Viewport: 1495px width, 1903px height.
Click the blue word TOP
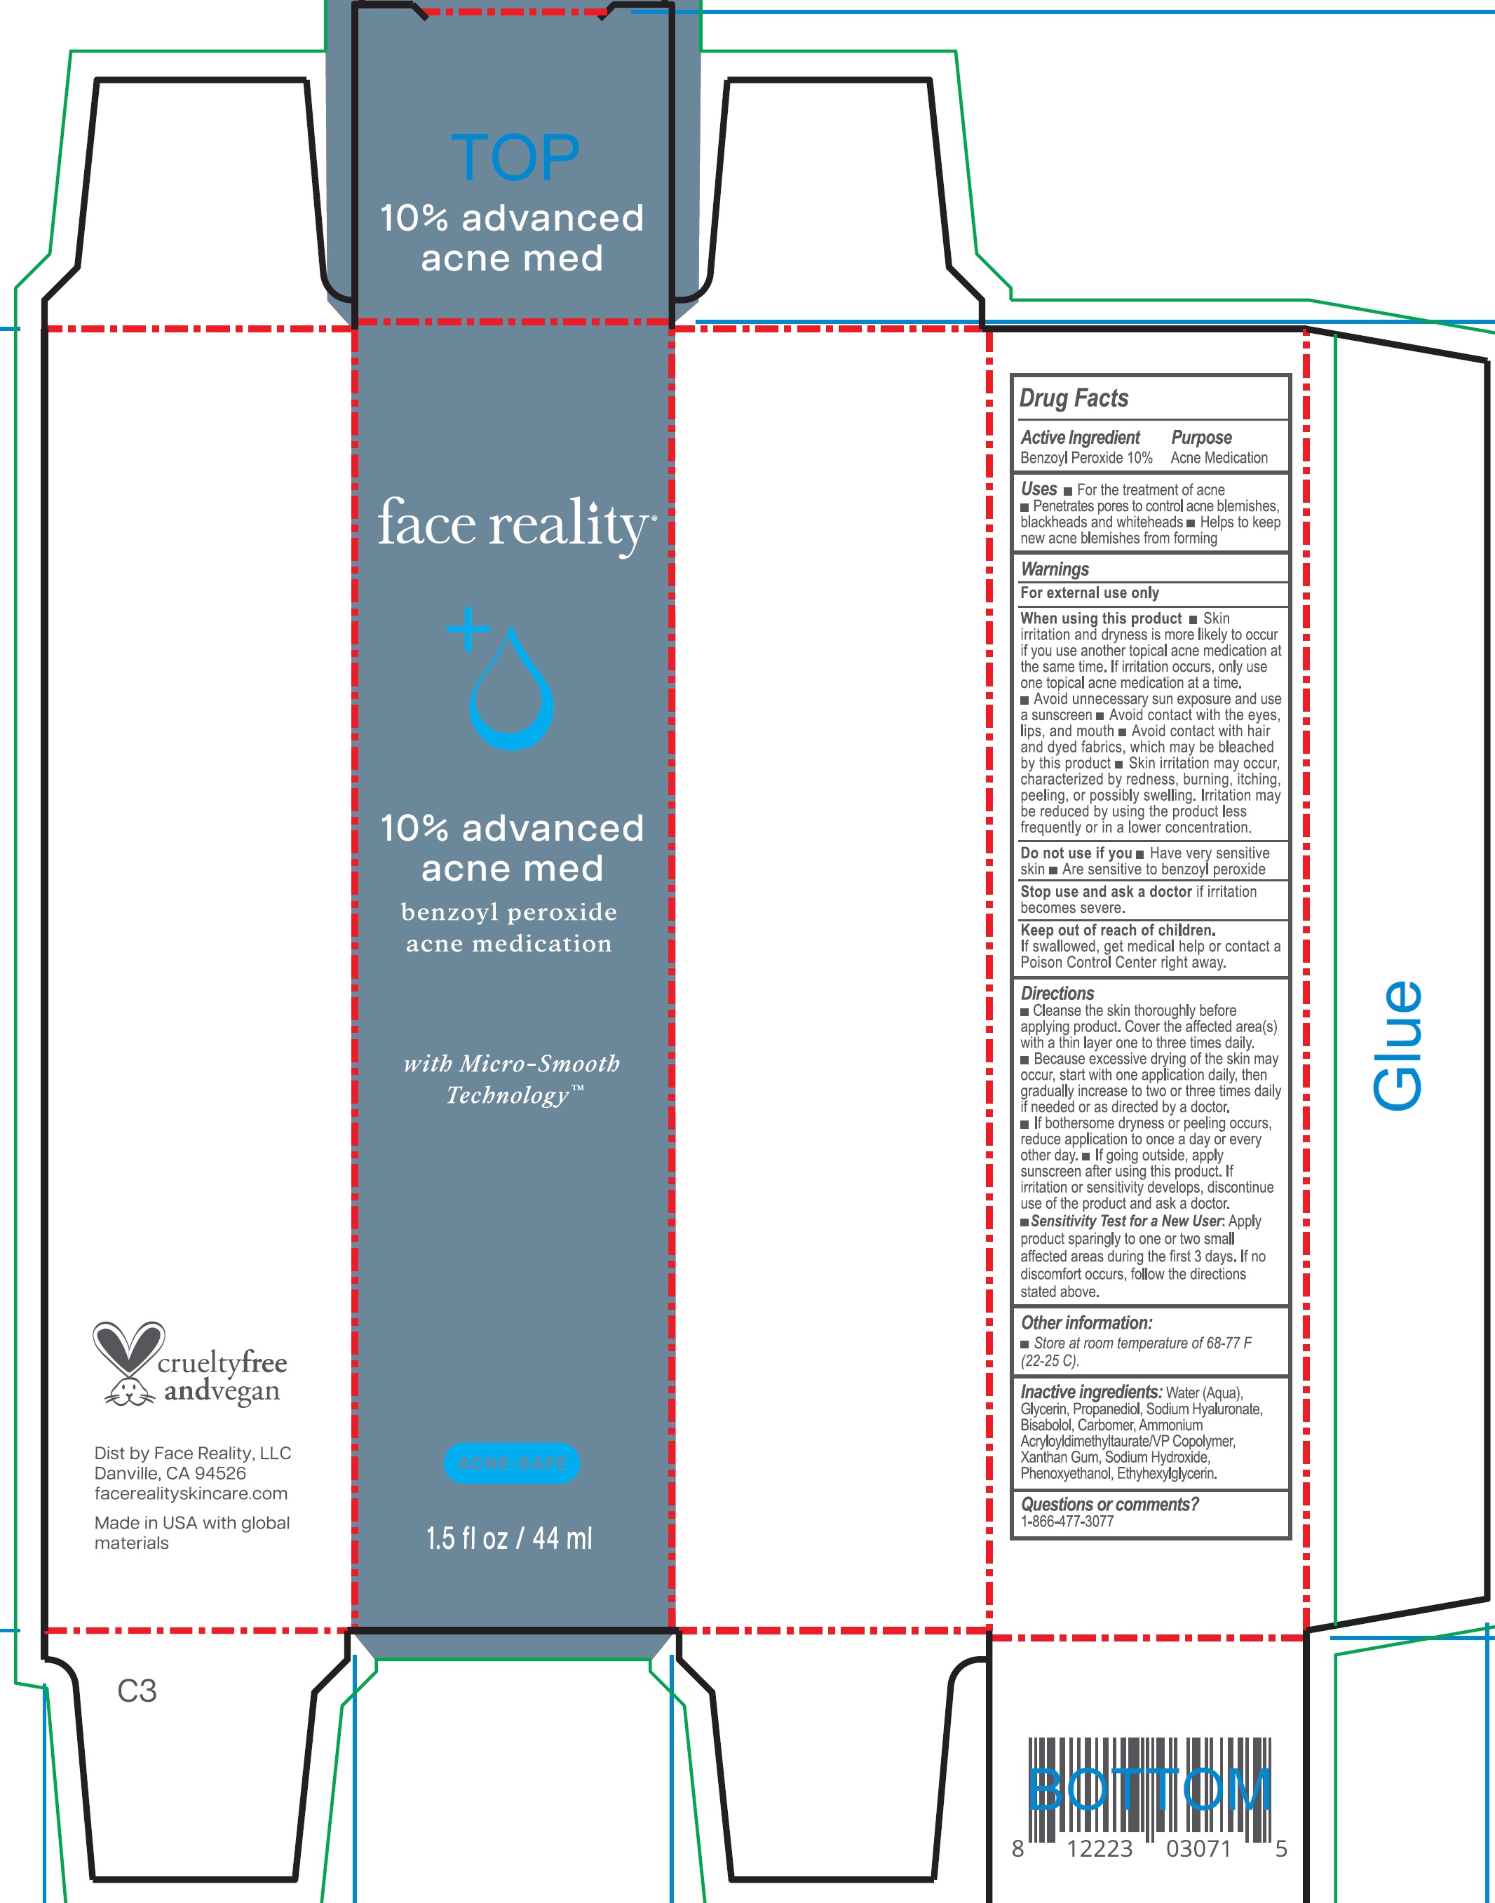pos(515,158)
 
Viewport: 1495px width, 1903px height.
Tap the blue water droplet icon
pos(512,696)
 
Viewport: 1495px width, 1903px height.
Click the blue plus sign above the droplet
pos(468,628)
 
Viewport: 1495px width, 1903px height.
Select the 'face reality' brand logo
pos(515,524)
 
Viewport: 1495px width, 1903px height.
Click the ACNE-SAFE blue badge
pos(512,1463)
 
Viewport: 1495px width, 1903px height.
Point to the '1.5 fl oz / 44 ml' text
pos(509,1538)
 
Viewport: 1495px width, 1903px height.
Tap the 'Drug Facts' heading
pos(1074,398)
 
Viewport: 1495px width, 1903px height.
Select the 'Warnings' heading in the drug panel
pos(1055,569)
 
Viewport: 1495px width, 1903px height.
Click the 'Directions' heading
pos(1057,994)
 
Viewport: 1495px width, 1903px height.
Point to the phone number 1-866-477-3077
pos(1067,1522)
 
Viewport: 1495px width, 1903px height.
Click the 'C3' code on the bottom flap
pos(137,1691)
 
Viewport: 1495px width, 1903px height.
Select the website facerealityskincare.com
pos(191,1494)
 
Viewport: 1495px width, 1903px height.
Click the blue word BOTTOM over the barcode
pos(1149,1789)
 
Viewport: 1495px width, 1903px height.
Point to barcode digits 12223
pos(1100,1849)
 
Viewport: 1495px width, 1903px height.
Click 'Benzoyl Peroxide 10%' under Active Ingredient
pos(1086,458)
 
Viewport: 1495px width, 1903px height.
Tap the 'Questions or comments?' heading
pos(1110,1504)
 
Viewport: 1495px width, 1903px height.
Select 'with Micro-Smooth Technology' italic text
pos(512,1079)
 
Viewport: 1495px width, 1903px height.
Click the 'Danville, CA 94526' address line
pos(170,1473)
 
